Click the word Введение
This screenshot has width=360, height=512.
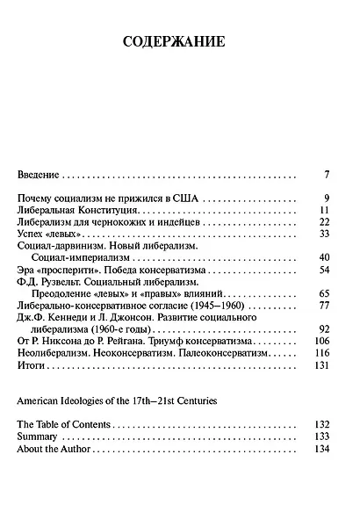[x=41, y=175]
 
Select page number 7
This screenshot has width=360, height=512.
[x=326, y=175]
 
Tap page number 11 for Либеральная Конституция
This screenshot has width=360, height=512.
[x=323, y=211]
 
